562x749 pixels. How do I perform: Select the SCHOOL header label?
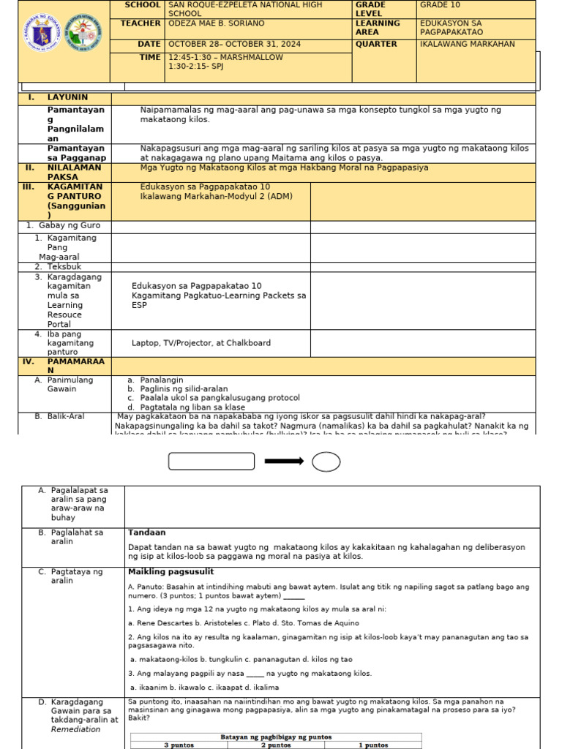142,5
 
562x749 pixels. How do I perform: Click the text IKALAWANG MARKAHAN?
467,45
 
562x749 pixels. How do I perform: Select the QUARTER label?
376,45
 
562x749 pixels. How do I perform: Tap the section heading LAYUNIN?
67,97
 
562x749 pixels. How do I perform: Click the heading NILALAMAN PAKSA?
64,172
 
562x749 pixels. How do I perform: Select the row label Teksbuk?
64,267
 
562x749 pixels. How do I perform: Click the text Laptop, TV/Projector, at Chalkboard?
201,343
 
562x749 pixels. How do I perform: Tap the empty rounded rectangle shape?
211,461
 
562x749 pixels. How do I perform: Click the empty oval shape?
326,462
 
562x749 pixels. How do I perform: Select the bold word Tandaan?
147,532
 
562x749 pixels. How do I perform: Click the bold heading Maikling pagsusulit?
171,572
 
